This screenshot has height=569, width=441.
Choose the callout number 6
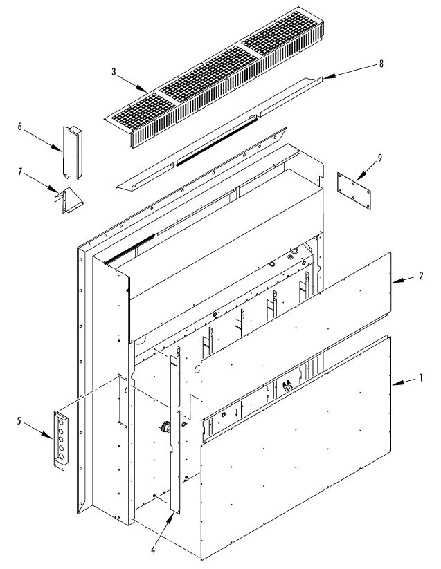[x=20, y=127]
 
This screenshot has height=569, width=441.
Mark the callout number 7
[x=20, y=169]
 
